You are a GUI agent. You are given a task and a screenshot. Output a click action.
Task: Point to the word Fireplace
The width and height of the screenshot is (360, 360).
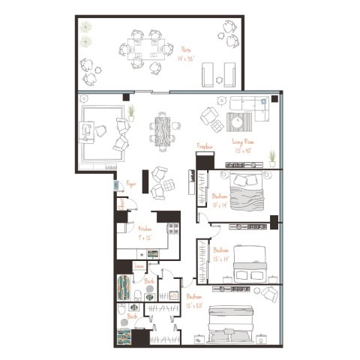click(205, 145)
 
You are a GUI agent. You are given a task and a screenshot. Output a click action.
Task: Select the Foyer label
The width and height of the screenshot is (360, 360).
click(130, 182)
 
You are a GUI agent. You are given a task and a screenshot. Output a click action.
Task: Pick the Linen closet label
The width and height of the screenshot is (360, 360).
click(139, 266)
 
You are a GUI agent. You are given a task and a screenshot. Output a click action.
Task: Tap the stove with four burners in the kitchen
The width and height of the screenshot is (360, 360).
click(172, 229)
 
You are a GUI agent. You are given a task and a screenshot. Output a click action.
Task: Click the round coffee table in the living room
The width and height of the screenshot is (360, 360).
click(239, 121)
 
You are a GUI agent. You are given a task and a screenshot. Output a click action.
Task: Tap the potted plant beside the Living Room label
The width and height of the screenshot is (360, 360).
click(271, 157)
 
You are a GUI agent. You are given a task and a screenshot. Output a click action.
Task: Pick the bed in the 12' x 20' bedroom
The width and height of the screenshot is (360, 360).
click(232, 322)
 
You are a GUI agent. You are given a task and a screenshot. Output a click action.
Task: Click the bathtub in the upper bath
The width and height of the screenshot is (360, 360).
click(125, 287)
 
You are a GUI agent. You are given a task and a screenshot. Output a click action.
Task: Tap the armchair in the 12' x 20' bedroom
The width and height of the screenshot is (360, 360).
click(268, 293)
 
